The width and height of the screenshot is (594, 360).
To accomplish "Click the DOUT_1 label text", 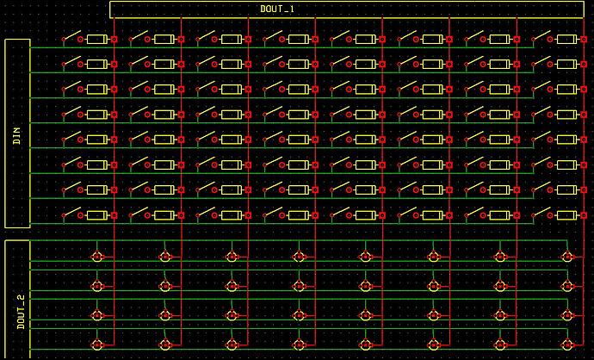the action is (277, 9).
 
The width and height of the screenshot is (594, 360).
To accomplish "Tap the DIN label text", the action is (17, 136).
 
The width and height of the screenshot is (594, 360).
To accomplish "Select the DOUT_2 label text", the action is (21, 312).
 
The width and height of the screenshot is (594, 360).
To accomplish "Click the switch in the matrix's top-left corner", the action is (71, 36).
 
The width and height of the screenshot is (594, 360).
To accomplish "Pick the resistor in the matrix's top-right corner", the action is (567, 39).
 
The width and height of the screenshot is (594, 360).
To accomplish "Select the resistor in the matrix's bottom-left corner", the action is (97, 215).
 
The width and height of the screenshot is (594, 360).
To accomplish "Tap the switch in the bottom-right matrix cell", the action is (541, 213).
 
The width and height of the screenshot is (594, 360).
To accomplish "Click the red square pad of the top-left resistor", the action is (114, 39).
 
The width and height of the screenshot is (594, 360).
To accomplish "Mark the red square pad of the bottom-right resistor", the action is (584, 215).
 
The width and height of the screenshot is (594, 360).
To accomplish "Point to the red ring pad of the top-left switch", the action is (80, 39).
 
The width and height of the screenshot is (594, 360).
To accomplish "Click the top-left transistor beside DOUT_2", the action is (97, 257).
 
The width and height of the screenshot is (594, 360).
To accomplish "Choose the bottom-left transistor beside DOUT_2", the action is (97, 344).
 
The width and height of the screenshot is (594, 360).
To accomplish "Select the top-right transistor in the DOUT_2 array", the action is (567, 257).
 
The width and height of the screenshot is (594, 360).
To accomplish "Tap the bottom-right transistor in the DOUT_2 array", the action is (567, 344).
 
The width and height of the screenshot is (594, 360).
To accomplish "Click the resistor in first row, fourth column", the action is (299, 39).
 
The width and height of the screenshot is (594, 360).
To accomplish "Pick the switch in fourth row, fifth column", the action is (340, 112).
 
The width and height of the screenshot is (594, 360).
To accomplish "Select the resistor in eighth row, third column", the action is (232, 215).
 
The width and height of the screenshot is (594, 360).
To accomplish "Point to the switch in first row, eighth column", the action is (541, 36).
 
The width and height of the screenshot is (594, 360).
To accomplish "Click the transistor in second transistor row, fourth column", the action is (299, 286).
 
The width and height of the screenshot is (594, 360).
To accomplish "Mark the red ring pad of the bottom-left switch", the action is (80, 215).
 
